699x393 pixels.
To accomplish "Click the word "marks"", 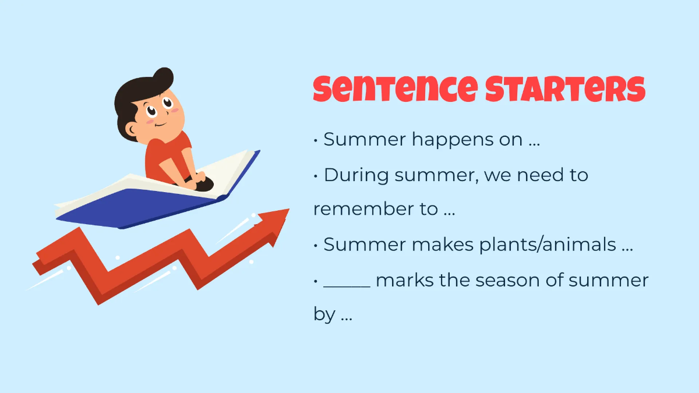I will (x=403, y=280).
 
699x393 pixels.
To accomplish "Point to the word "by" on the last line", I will (x=324, y=316).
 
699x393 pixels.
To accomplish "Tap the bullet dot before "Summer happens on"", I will (x=316, y=141).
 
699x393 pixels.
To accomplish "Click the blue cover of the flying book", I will (x=146, y=207).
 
